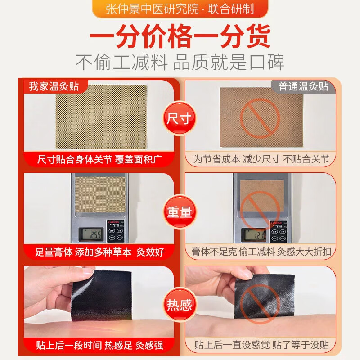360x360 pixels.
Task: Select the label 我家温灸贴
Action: (54, 86)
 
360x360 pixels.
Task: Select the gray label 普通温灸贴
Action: (303, 86)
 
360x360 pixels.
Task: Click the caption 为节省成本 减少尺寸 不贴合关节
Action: (261, 159)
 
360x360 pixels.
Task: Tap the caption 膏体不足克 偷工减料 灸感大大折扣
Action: (261, 252)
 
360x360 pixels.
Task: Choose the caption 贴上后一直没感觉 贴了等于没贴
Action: (261, 345)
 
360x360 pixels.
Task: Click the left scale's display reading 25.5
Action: (91, 234)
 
